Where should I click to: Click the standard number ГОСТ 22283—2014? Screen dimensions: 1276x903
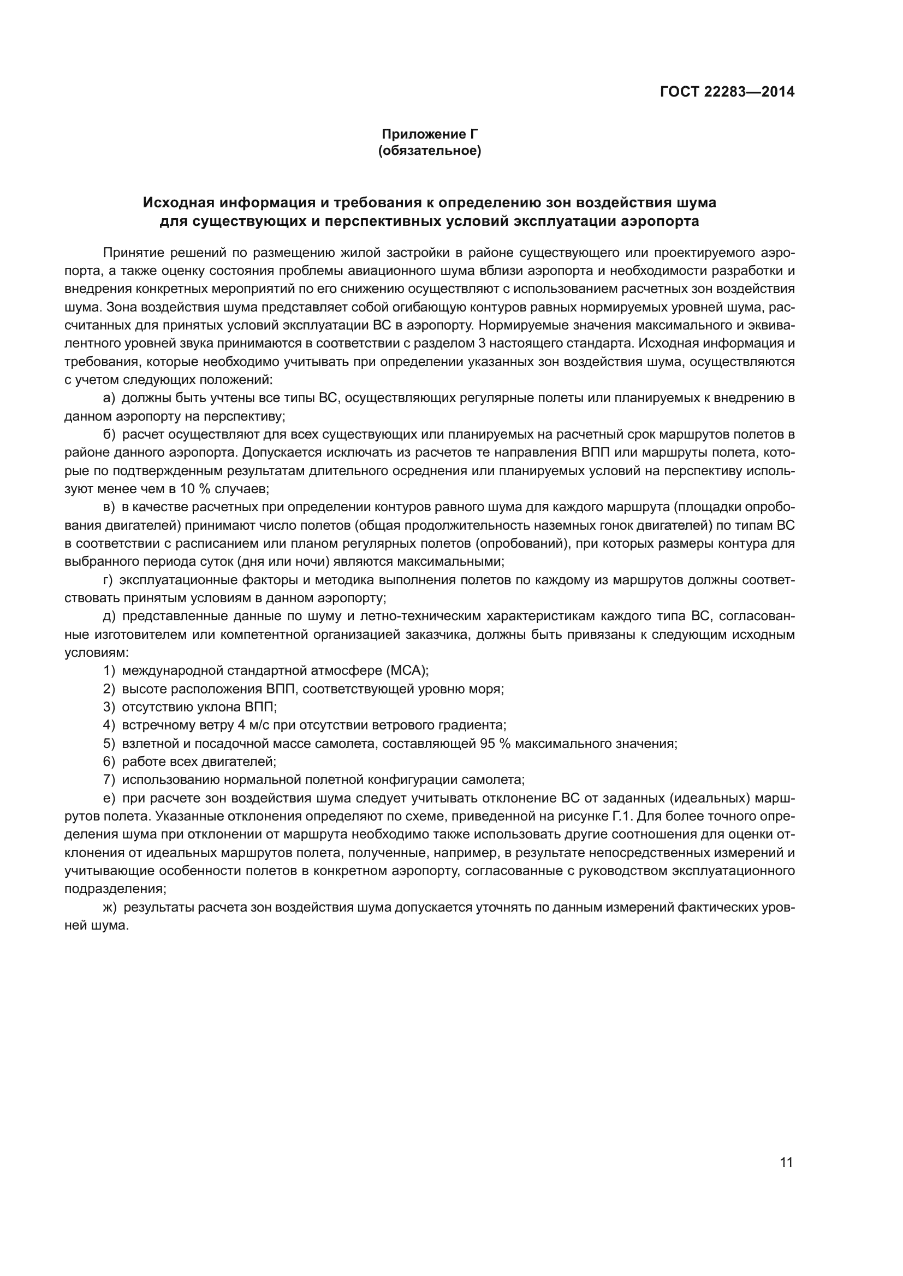coord(727,92)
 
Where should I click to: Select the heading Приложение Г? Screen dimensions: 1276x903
coord(429,134)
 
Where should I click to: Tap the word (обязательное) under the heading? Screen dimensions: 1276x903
coord(429,151)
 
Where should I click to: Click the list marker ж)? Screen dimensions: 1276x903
coord(110,908)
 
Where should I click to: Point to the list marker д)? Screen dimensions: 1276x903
coord(110,616)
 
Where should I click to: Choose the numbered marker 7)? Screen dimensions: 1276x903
coord(109,780)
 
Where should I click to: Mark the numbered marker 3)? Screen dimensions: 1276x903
coord(109,707)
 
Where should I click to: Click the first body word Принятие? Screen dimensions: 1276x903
coord(132,253)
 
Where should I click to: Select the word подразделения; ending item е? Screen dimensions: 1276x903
coord(115,889)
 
